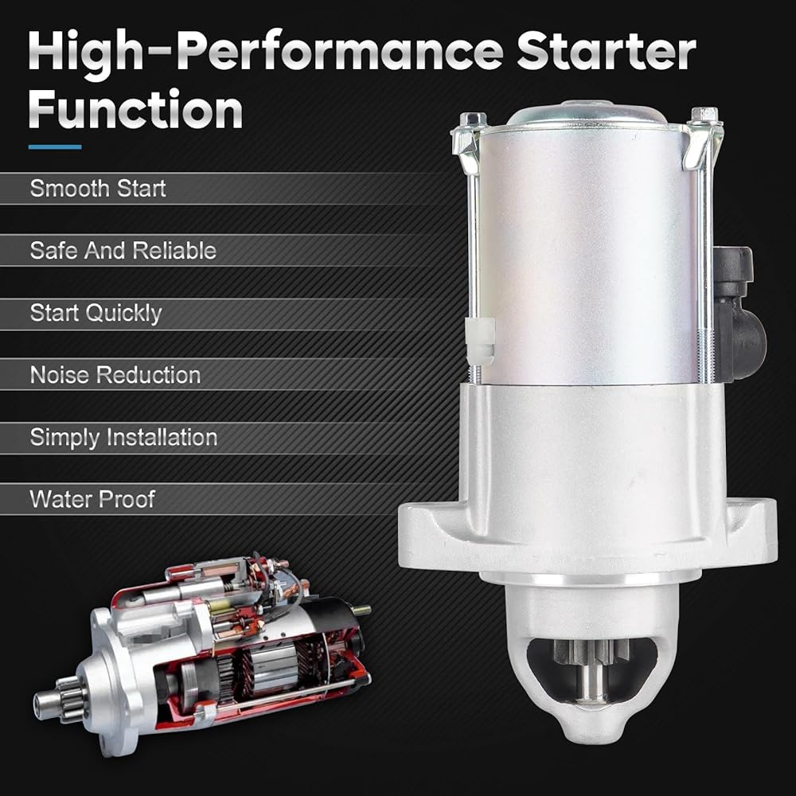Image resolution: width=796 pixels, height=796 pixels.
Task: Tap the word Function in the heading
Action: pyautogui.click(x=135, y=110)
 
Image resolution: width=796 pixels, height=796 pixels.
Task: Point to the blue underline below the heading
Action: pyautogui.click(x=55, y=147)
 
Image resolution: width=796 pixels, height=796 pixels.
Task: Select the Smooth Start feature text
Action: pyautogui.click(x=98, y=189)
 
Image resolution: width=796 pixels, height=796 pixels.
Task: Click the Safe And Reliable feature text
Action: pyautogui.click(x=123, y=251)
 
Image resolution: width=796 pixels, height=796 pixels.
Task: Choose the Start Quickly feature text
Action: pyautogui.click(x=96, y=313)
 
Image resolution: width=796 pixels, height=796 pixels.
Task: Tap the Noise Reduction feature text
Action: pyautogui.click(x=115, y=375)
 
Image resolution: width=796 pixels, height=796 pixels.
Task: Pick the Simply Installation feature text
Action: pyautogui.click(x=124, y=438)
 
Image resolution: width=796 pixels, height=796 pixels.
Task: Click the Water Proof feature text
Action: pyautogui.click(x=92, y=500)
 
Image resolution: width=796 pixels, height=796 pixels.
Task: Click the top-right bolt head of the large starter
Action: pyautogui.click(x=704, y=114)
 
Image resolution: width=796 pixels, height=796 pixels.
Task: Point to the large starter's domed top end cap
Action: pyautogui.click(x=587, y=113)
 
